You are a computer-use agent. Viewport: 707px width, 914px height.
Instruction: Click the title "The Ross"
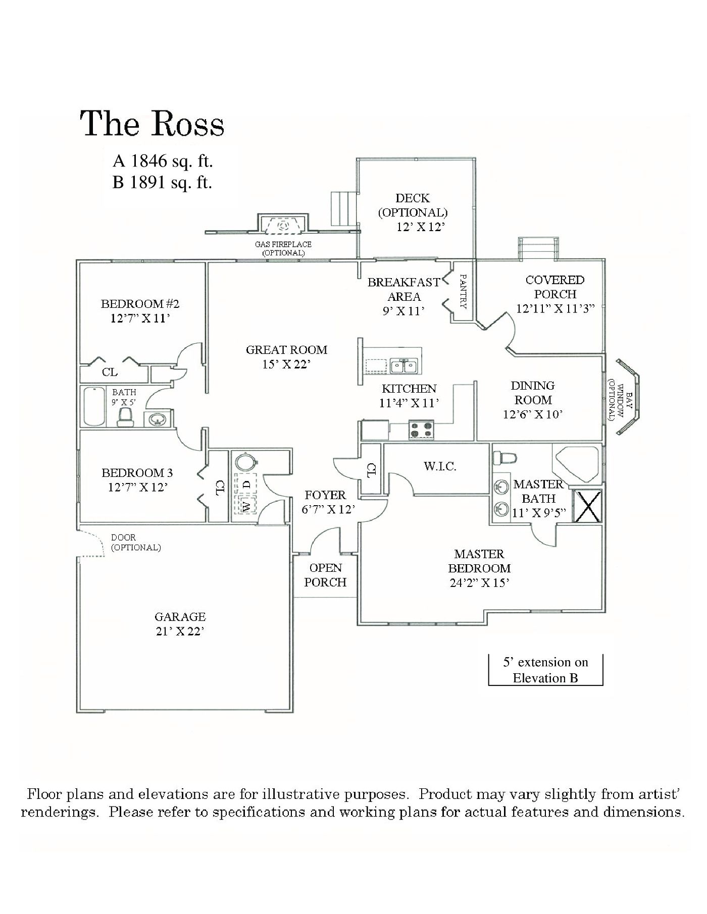(x=152, y=124)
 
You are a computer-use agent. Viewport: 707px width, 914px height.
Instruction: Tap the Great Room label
(x=286, y=349)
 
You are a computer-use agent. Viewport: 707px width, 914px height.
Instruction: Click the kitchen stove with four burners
(x=421, y=429)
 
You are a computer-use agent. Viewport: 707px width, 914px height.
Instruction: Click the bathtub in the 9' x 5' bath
(x=94, y=407)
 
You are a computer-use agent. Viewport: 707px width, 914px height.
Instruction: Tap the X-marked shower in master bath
(x=588, y=505)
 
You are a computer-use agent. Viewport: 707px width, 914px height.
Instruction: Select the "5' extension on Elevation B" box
(x=545, y=670)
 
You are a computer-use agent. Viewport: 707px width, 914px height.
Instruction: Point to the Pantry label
(x=463, y=291)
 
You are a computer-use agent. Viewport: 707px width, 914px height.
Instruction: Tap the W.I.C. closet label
(x=440, y=466)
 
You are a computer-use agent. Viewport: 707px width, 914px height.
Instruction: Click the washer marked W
(x=246, y=506)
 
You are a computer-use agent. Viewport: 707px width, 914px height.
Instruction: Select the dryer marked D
(x=246, y=483)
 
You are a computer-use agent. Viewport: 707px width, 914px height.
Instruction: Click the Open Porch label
(x=325, y=575)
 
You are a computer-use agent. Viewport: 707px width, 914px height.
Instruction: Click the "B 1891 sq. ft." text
(x=162, y=182)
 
